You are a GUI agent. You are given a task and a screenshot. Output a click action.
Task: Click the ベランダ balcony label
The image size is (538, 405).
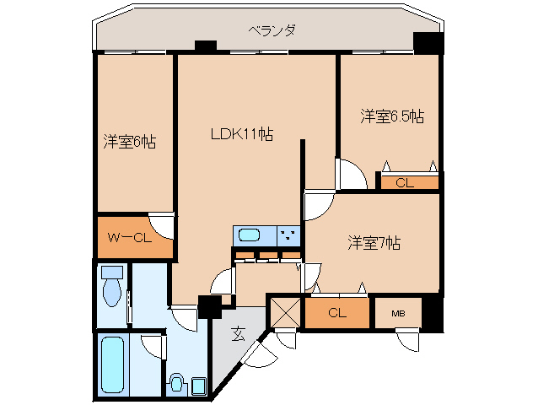click(x=272, y=30)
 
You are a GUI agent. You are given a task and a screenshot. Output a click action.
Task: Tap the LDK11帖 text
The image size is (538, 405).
click(x=242, y=133)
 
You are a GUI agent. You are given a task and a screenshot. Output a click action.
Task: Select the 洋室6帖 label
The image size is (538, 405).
click(x=129, y=142)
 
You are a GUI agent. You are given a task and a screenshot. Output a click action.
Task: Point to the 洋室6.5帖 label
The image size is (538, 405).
click(x=392, y=116)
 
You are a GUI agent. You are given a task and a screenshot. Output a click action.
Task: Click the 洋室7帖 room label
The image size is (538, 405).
click(x=374, y=243)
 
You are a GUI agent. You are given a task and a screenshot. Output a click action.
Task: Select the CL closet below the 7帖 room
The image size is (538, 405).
click(x=337, y=313)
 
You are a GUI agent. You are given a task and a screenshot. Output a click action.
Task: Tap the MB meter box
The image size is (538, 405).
click(x=398, y=314)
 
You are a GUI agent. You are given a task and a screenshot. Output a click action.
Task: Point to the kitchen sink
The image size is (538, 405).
click(x=250, y=235)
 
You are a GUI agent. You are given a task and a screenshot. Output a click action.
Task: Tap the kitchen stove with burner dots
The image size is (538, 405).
click(x=288, y=235)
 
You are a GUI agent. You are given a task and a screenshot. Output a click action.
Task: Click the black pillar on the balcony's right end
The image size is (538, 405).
click(x=428, y=43)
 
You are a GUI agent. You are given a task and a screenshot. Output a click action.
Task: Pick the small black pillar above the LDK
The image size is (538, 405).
click(x=204, y=46)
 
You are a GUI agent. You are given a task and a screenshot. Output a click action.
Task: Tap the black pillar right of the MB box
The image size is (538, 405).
click(x=432, y=313)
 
